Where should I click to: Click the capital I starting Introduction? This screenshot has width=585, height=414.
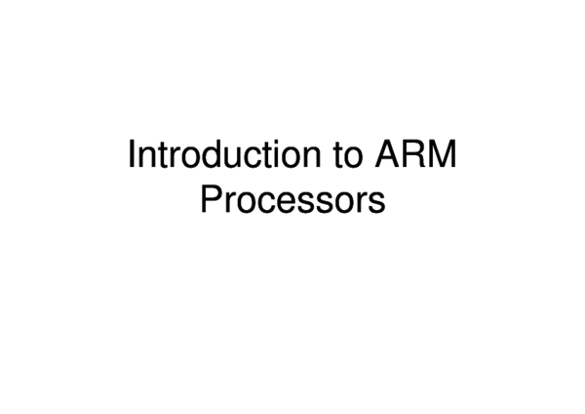point(133,157)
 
